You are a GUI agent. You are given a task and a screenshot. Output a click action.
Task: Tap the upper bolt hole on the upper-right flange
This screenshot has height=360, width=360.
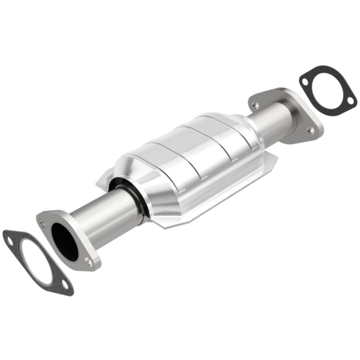[255, 105]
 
